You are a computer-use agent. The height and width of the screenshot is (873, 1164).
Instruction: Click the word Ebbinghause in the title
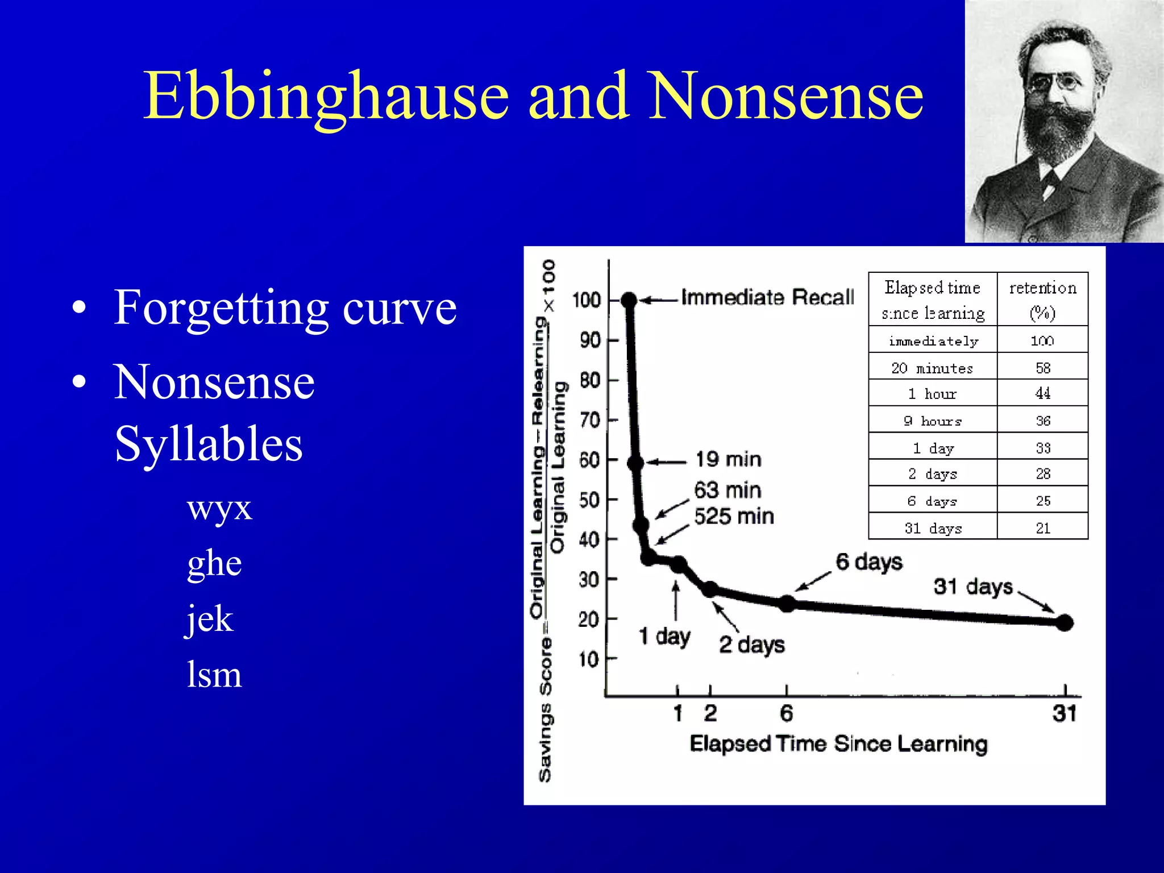click(325, 97)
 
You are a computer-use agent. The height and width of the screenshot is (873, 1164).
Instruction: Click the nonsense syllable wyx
click(219, 508)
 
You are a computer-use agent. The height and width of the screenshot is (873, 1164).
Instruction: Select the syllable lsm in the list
click(214, 675)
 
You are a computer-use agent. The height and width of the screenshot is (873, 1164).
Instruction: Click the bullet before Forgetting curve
click(80, 307)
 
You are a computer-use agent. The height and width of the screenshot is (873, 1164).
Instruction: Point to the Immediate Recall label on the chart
click(767, 297)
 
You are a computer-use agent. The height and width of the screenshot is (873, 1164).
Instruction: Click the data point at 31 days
click(1065, 623)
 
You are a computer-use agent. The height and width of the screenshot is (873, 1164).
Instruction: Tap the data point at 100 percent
click(629, 300)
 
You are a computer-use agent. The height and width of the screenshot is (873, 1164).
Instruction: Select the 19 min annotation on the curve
click(728, 459)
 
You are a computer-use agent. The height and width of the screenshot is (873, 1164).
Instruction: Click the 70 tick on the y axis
click(590, 421)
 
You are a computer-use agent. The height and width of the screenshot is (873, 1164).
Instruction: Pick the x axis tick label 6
click(786, 713)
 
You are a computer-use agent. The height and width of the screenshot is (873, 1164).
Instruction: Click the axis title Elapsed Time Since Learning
click(838, 744)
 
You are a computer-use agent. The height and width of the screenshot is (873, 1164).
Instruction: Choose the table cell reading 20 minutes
click(932, 368)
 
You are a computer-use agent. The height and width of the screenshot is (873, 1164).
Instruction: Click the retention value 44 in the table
click(1042, 393)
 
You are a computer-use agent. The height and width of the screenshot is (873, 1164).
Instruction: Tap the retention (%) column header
click(1042, 300)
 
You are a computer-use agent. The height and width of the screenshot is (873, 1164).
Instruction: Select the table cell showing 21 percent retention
click(1042, 528)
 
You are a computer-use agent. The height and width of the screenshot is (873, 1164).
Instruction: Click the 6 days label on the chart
click(868, 562)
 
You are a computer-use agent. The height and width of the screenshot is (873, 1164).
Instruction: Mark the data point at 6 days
click(787, 604)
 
